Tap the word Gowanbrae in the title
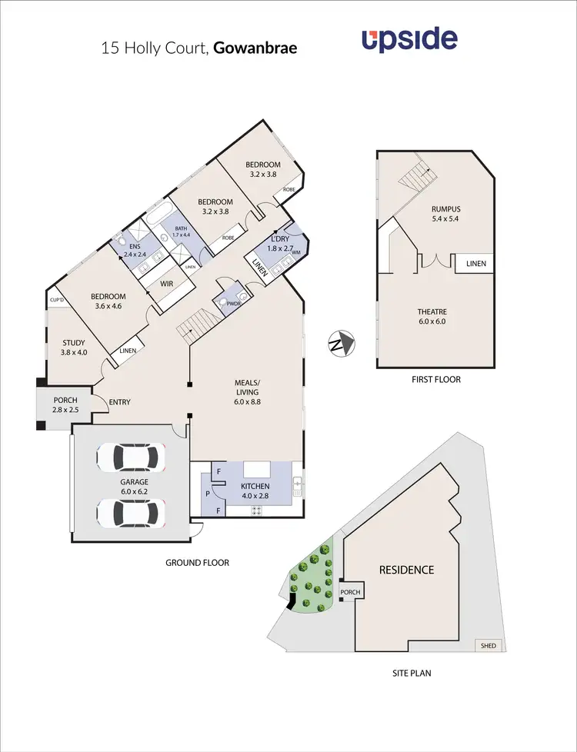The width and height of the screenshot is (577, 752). pos(255,48)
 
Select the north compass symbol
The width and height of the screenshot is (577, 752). pos(339,341)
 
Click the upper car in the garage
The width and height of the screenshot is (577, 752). pos(131,458)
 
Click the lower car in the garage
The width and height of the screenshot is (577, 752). pos(131,511)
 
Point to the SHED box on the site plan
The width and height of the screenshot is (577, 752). pos(487,645)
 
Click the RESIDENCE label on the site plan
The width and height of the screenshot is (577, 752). pos(406,570)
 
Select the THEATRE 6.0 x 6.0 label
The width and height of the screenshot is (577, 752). pos(432,316)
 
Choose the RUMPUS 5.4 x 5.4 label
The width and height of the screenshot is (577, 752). pos(443,212)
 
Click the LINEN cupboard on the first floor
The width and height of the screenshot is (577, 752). pos(475,264)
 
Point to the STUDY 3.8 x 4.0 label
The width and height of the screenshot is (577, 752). pos(74,348)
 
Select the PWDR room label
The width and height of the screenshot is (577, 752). pos(232,304)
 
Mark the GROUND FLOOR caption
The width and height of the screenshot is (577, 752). pos(198,563)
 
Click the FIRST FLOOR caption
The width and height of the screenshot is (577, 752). pos(436,379)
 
